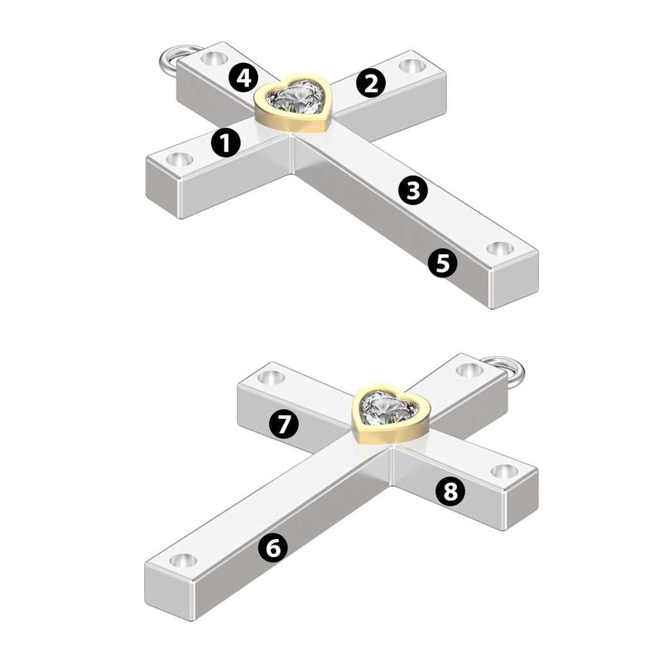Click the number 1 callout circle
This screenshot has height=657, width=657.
click(226, 143)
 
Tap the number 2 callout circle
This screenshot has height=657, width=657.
click(371, 83)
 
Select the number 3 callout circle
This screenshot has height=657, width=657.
click(413, 190)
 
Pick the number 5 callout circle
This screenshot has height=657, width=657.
click(443, 263)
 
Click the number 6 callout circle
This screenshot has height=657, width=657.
click(273, 547)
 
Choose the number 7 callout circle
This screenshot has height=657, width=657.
click(284, 423)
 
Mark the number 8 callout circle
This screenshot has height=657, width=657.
click(450, 491)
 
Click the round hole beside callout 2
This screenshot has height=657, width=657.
click(411, 66)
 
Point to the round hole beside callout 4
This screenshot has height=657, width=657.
click(214, 58)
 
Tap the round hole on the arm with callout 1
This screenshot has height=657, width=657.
click(180, 160)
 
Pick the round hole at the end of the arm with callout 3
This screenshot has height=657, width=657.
click(500, 248)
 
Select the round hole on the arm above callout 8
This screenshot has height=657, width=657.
click(504, 472)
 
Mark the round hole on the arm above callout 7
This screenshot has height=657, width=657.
click(271, 377)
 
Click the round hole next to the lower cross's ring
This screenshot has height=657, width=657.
click(469, 370)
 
